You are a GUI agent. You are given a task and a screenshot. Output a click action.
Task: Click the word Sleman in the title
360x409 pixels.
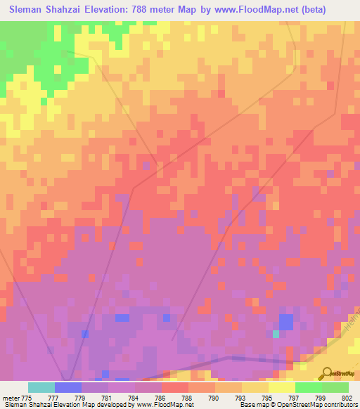point(30,10)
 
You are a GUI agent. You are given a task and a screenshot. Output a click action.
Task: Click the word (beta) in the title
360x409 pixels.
point(337,10)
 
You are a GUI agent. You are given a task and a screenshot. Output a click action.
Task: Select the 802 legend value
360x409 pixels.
point(347,397)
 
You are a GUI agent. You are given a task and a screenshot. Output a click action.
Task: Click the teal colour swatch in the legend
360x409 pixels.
point(41,387)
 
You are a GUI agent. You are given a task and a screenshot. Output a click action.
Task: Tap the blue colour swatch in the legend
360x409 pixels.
point(68,387)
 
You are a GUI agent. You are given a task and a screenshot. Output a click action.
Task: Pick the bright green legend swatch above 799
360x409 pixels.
point(308,387)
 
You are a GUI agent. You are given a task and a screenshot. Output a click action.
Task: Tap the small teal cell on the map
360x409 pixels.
point(276,334)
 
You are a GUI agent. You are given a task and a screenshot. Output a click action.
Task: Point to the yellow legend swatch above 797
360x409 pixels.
point(281,387)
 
